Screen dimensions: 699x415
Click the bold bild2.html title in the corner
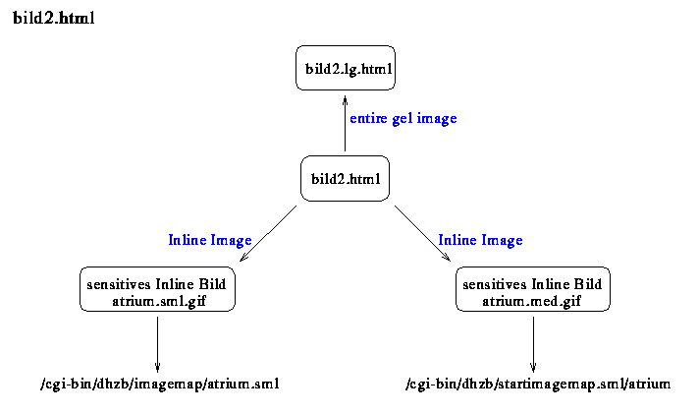[53, 18]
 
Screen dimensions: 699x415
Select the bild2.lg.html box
[346, 68]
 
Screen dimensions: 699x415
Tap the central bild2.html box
[345, 178]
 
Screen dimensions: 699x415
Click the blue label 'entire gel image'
[403, 119]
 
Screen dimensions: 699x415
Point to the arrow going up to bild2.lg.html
[345, 123]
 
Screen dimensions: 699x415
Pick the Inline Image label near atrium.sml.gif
[210, 240]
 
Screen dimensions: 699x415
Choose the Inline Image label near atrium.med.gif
[480, 240]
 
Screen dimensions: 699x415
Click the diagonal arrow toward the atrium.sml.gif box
[268, 234]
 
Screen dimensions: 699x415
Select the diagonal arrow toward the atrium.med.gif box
[422, 234]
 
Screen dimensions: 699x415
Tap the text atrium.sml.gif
[159, 301]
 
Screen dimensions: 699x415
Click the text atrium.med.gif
[531, 301]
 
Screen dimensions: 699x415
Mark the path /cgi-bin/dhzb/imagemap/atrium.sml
[160, 385]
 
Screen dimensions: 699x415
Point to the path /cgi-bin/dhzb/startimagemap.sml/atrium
[538, 385]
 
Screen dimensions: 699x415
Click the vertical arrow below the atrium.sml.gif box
[157, 344]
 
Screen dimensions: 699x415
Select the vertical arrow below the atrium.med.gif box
[533, 344]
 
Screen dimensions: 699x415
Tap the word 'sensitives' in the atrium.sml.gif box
[119, 284]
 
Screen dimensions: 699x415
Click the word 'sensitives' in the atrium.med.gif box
[495, 284]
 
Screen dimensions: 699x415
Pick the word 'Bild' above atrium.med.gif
[587, 284]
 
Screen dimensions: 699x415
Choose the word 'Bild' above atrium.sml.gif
[212, 284]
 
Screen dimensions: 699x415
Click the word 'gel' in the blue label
[403, 119]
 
